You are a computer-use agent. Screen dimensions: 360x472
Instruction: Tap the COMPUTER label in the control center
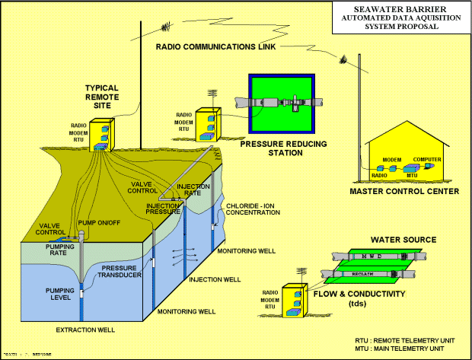[427, 160]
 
